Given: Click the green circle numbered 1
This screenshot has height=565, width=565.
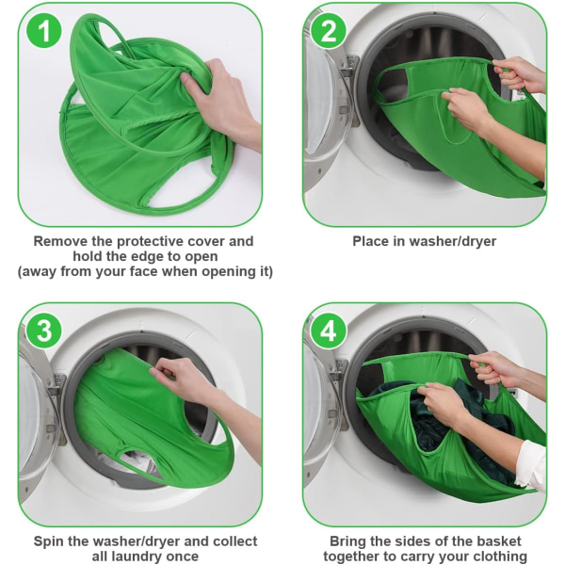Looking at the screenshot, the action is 44,31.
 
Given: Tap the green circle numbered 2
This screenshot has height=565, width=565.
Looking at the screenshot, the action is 329,31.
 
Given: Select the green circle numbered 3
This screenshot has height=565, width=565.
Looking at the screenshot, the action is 44,331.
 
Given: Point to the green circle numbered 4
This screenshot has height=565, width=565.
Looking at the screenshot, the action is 329,331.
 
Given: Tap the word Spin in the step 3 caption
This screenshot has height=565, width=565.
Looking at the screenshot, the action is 48,541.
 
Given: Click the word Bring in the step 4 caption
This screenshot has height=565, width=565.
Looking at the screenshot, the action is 348,541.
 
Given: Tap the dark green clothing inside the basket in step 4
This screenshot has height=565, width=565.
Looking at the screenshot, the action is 444,414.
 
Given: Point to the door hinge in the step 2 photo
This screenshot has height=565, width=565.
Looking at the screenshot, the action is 348,67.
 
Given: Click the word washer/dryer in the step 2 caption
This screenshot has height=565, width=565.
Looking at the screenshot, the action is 453,241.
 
